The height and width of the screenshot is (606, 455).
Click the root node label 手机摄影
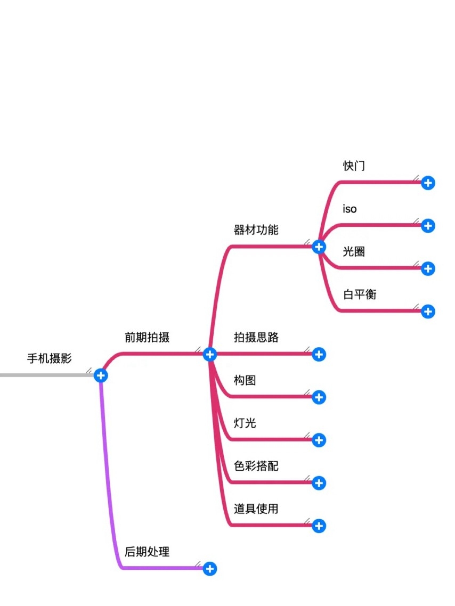49,358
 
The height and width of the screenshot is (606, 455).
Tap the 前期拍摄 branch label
147,337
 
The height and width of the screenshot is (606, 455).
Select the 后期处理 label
147,552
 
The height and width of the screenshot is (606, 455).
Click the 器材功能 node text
256,230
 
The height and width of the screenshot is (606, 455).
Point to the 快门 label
354,166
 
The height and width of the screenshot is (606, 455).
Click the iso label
350,209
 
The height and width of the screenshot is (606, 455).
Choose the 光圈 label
354,251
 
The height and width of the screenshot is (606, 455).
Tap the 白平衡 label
360,294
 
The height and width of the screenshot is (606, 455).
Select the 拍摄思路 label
256,337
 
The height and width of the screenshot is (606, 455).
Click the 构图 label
245,380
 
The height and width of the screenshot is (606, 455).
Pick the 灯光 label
245,423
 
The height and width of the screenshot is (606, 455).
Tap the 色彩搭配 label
256,466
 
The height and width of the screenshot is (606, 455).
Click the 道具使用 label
256,509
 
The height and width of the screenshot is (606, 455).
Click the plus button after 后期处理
210,569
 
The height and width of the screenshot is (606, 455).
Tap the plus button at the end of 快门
428,183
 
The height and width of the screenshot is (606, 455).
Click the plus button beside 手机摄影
100,375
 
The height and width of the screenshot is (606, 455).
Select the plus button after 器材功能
319,247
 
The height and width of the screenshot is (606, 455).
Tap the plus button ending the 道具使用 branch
319,526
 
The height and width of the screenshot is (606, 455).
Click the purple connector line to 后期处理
108,479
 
